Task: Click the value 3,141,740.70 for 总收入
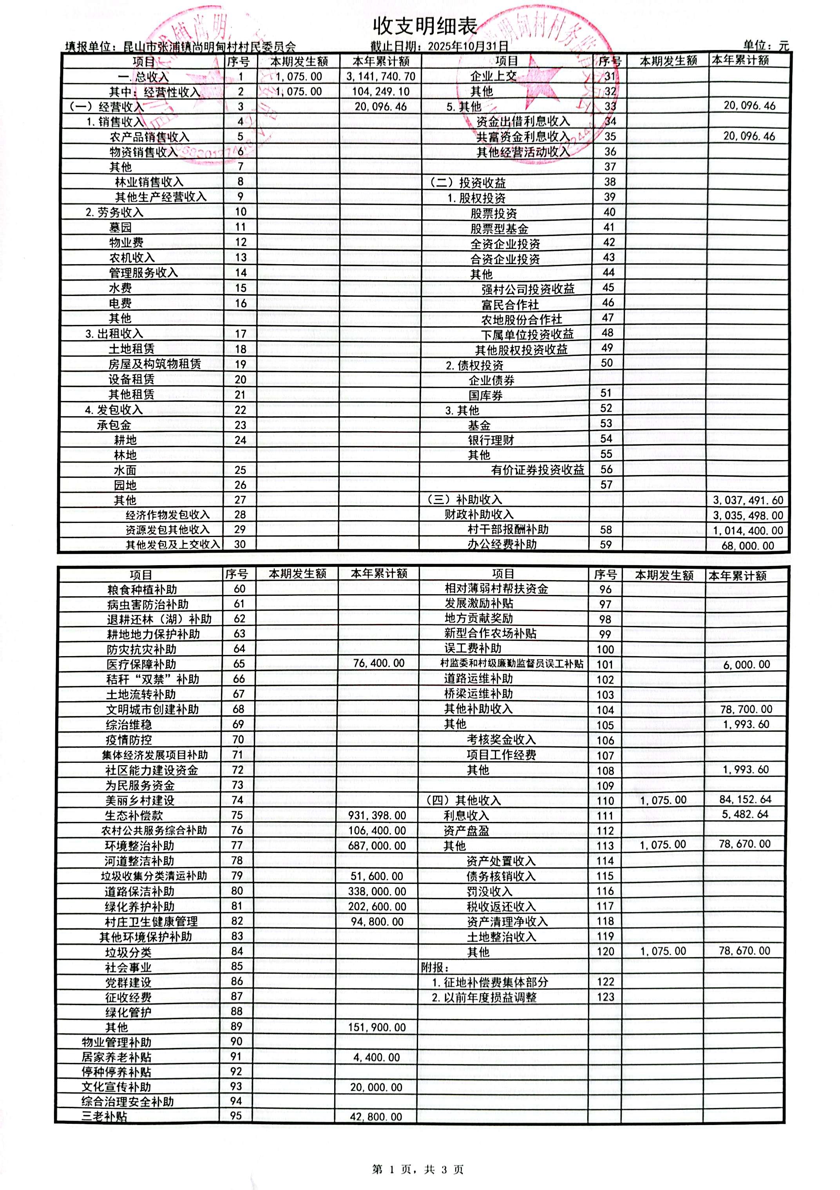381,77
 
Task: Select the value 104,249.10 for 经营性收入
381,92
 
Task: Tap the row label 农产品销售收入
149,137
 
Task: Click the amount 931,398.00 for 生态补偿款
377,816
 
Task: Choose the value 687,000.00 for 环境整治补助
377,846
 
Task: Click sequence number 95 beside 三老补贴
236,1116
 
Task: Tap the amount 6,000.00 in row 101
747,664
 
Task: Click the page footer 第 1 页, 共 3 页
418,1169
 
